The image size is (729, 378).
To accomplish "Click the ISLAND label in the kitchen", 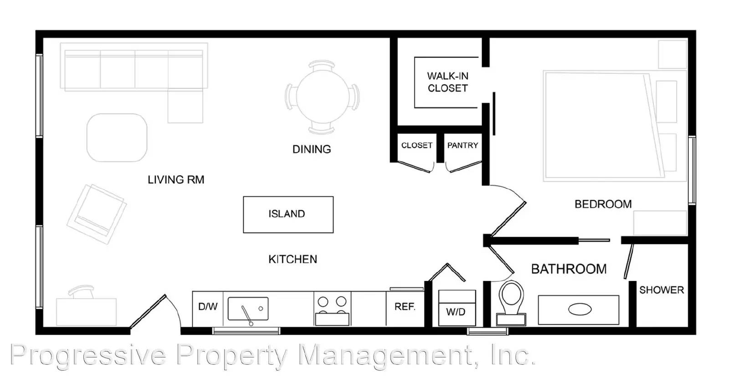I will pos(287,214).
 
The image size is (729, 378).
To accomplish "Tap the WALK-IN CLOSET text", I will pos(447,82).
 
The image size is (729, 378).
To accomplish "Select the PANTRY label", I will pos(462,145).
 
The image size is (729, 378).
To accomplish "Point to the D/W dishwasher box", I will pos(208,307).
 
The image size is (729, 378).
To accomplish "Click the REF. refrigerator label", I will pos(405,307).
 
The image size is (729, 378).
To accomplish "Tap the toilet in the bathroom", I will pos(511,299).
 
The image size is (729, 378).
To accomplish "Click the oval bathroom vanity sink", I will pos(580,310).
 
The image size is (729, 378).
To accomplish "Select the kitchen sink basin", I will pos(248,309).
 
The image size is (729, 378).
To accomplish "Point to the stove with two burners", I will pos(332,308).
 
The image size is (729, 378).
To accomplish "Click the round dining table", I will pos(322,97).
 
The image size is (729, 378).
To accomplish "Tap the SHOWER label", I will pos(661,290).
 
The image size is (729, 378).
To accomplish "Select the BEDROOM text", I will pos(603,204).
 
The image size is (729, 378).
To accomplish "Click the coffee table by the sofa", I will pos(117,137).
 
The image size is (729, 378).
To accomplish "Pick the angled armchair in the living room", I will pos(97,213).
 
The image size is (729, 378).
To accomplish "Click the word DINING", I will pos(312,149).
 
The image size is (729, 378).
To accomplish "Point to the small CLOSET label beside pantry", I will pos(416,145).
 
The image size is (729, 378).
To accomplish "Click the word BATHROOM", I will pos(569,269).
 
